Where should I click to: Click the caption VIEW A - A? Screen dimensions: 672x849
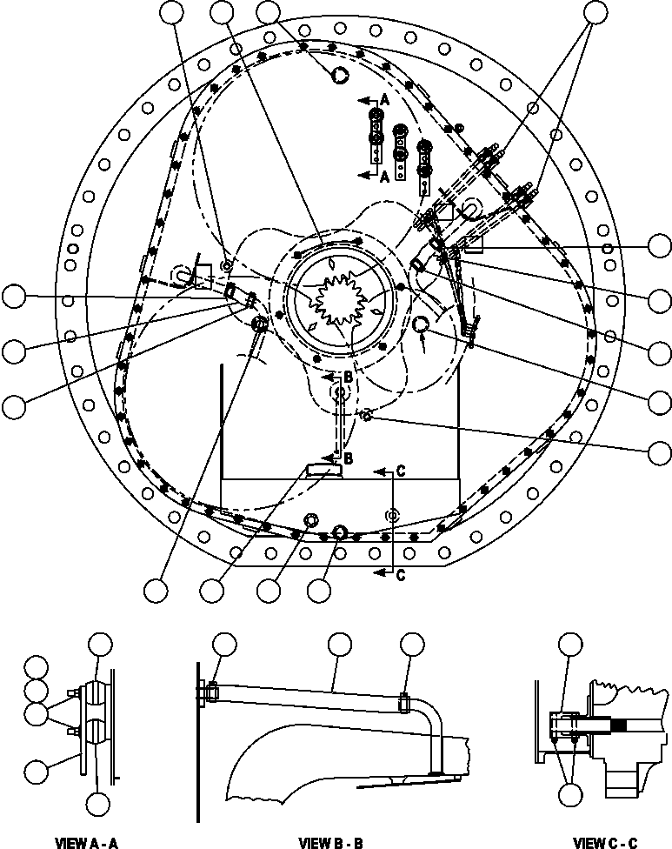(x=85, y=842)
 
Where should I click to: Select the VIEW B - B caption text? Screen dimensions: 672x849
(x=329, y=842)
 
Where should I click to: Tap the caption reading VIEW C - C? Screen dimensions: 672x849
(x=606, y=842)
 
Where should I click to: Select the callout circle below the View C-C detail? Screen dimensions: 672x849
(x=570, y=793)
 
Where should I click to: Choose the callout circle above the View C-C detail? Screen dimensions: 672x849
(x=570, y=644)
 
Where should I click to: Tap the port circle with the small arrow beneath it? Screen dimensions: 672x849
(x=421, y=324)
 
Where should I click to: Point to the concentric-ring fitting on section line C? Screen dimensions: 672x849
(x=392, y=515)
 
